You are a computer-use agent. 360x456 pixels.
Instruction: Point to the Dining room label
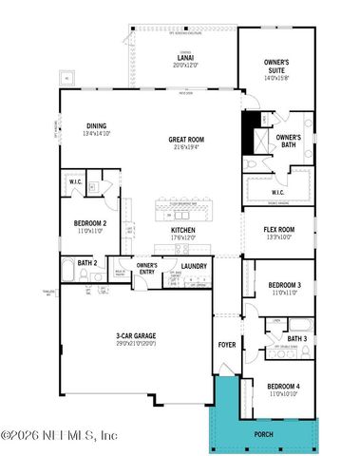[96, 125]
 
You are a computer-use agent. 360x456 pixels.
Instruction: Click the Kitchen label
[183, 230]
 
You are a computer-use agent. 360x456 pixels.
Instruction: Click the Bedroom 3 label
[284, 285]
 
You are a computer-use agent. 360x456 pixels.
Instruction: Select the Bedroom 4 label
[285, 388]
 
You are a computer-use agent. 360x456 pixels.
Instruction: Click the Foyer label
[227, 344]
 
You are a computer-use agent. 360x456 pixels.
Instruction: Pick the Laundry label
[194, 265]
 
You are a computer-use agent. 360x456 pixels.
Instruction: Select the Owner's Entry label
[146, 267]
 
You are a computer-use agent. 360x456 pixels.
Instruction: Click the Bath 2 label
[87, 262]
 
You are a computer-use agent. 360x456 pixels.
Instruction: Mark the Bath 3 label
[296, 338]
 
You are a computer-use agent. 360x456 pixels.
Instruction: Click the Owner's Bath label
[289, 142]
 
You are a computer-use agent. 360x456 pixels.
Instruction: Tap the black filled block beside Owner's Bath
[253, 130]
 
